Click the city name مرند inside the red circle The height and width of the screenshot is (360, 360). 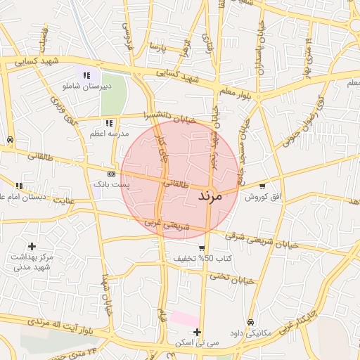210,195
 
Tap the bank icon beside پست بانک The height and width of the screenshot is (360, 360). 111,173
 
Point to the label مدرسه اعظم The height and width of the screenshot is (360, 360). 108,133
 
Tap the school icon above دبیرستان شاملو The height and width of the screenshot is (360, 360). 86,75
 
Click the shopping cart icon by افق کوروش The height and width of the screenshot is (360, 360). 262,187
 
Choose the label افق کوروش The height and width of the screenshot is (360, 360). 262,198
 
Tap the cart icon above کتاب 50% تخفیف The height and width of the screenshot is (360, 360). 202,248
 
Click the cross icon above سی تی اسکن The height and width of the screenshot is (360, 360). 198,333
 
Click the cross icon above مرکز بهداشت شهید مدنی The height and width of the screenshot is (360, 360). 32,246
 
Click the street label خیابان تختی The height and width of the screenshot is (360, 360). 231,277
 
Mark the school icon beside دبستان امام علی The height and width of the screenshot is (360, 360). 19,186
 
